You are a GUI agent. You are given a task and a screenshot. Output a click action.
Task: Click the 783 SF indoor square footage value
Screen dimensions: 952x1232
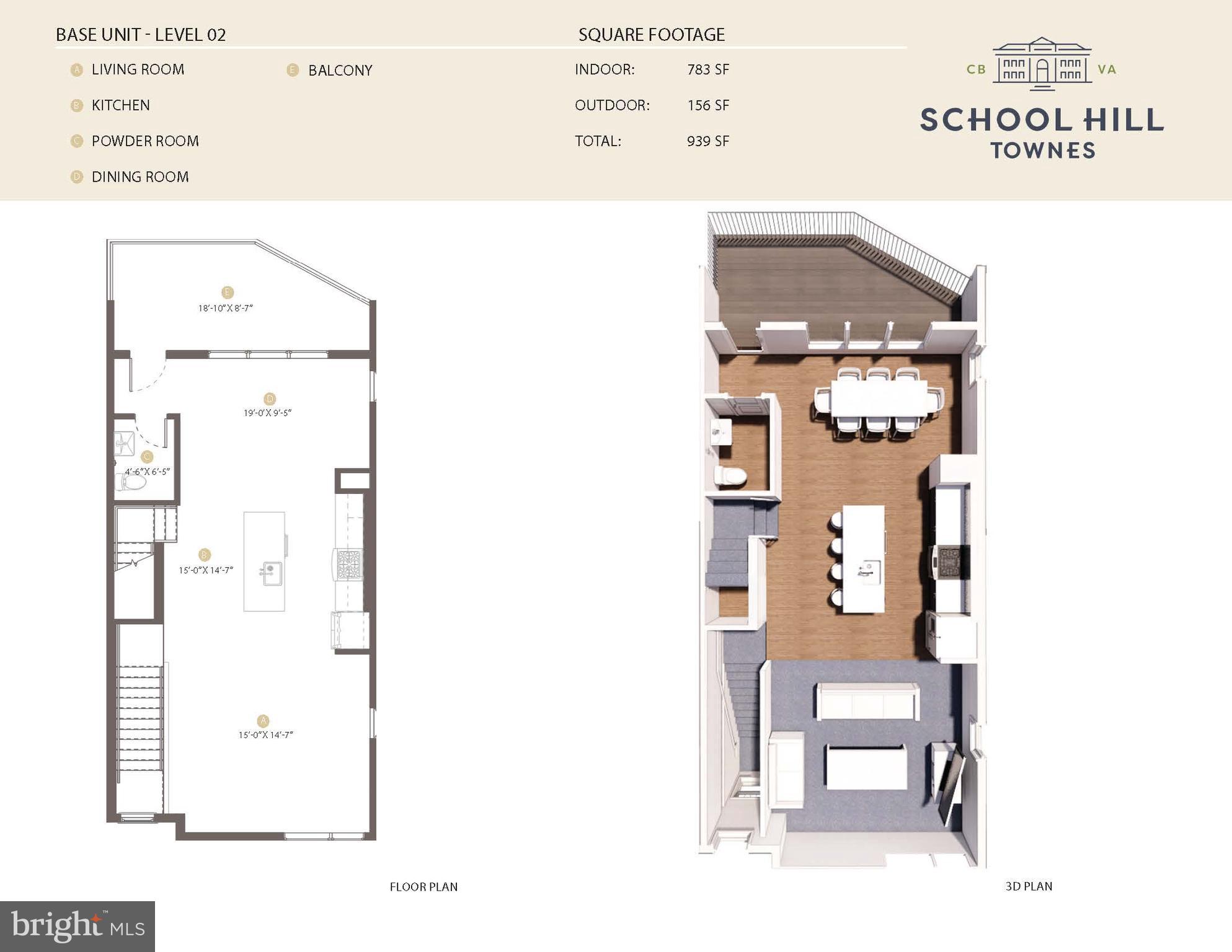pyautogui.click(x=707, y=69)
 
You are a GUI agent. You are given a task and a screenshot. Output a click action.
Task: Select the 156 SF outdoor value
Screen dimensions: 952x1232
pyautogui.click(x=707, y=105)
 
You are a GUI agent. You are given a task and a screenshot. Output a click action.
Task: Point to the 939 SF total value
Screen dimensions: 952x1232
pyautogui.click(x=707, y=141)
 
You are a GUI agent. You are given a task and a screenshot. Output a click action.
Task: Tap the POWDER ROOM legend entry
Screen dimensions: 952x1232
pyautogui.click(x=145, y=141)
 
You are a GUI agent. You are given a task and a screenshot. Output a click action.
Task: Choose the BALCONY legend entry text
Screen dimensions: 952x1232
pyautogui.click(x=340, y=71)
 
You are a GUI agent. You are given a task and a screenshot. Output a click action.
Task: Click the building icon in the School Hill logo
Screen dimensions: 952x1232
pyautogui.click(x=1042, y=64)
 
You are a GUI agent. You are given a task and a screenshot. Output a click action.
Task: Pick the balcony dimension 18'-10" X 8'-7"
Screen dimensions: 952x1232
pyautogui.click(x=225, y=308)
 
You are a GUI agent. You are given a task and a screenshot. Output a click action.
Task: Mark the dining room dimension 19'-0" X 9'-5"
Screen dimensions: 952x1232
pyautogui.click(x=267, y=413)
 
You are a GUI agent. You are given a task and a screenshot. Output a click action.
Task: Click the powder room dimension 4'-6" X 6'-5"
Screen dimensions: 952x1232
pyautogui.click(x=148, y=472)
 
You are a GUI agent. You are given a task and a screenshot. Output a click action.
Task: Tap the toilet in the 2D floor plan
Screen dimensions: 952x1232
pyautogui.click(x=131, y=482)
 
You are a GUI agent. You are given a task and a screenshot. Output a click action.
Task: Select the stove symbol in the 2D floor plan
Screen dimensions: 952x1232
pyautogui.click(x=348, y=565)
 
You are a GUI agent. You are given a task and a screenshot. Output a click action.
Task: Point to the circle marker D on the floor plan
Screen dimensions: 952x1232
pyautogui.click(x=269, y=399)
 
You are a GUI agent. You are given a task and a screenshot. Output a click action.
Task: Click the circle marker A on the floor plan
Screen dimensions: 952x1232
pyautogui.click(x=263, y=721)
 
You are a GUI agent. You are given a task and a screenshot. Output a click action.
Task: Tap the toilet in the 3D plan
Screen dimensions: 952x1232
pyautogui.click(x=730, y=476)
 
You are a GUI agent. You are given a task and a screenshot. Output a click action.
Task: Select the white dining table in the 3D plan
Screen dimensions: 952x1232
pyautogui.click(x=879, y=398)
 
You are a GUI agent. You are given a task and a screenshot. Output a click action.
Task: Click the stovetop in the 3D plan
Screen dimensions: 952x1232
pyautogui.click(x=951, y=562)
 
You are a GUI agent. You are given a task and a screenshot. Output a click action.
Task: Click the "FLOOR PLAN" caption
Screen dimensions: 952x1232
pyautogui.click(x=423, y=887)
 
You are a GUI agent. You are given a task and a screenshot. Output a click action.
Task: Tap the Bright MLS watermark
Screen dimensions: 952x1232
pyautogui.click(x=78, y=927)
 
